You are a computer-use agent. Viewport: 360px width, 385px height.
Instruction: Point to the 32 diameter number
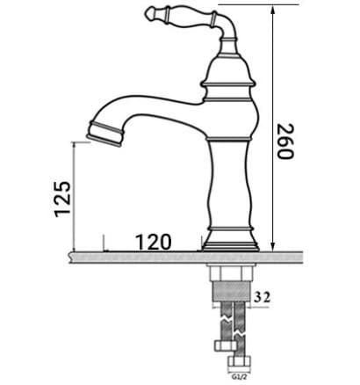[262, 297]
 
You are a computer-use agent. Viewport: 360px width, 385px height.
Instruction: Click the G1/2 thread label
[234, 379]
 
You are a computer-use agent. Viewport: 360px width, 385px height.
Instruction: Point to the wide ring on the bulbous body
[230, 84]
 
